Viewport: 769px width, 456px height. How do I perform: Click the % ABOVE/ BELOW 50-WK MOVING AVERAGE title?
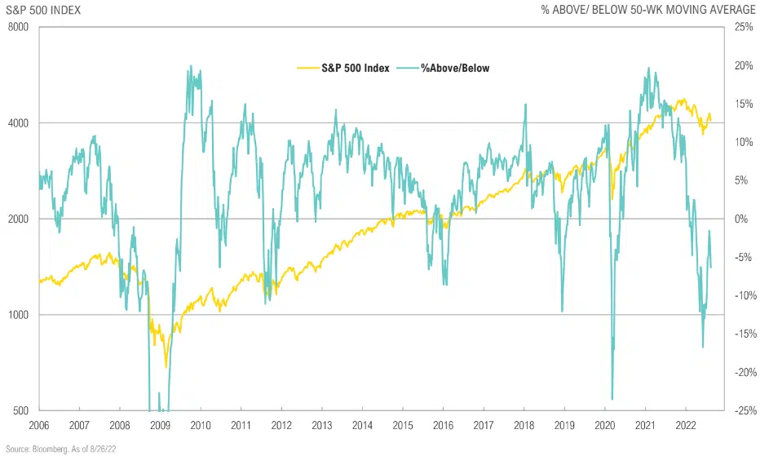click(649, 10)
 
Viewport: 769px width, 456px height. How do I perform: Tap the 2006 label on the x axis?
click(39, 425)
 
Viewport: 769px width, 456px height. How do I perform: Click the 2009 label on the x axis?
click(160, 425)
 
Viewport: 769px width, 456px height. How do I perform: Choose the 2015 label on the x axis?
click(401, 425)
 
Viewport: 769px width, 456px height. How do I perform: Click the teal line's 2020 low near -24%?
click(612, 399)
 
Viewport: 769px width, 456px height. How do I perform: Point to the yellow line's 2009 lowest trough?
click(166, 366)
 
